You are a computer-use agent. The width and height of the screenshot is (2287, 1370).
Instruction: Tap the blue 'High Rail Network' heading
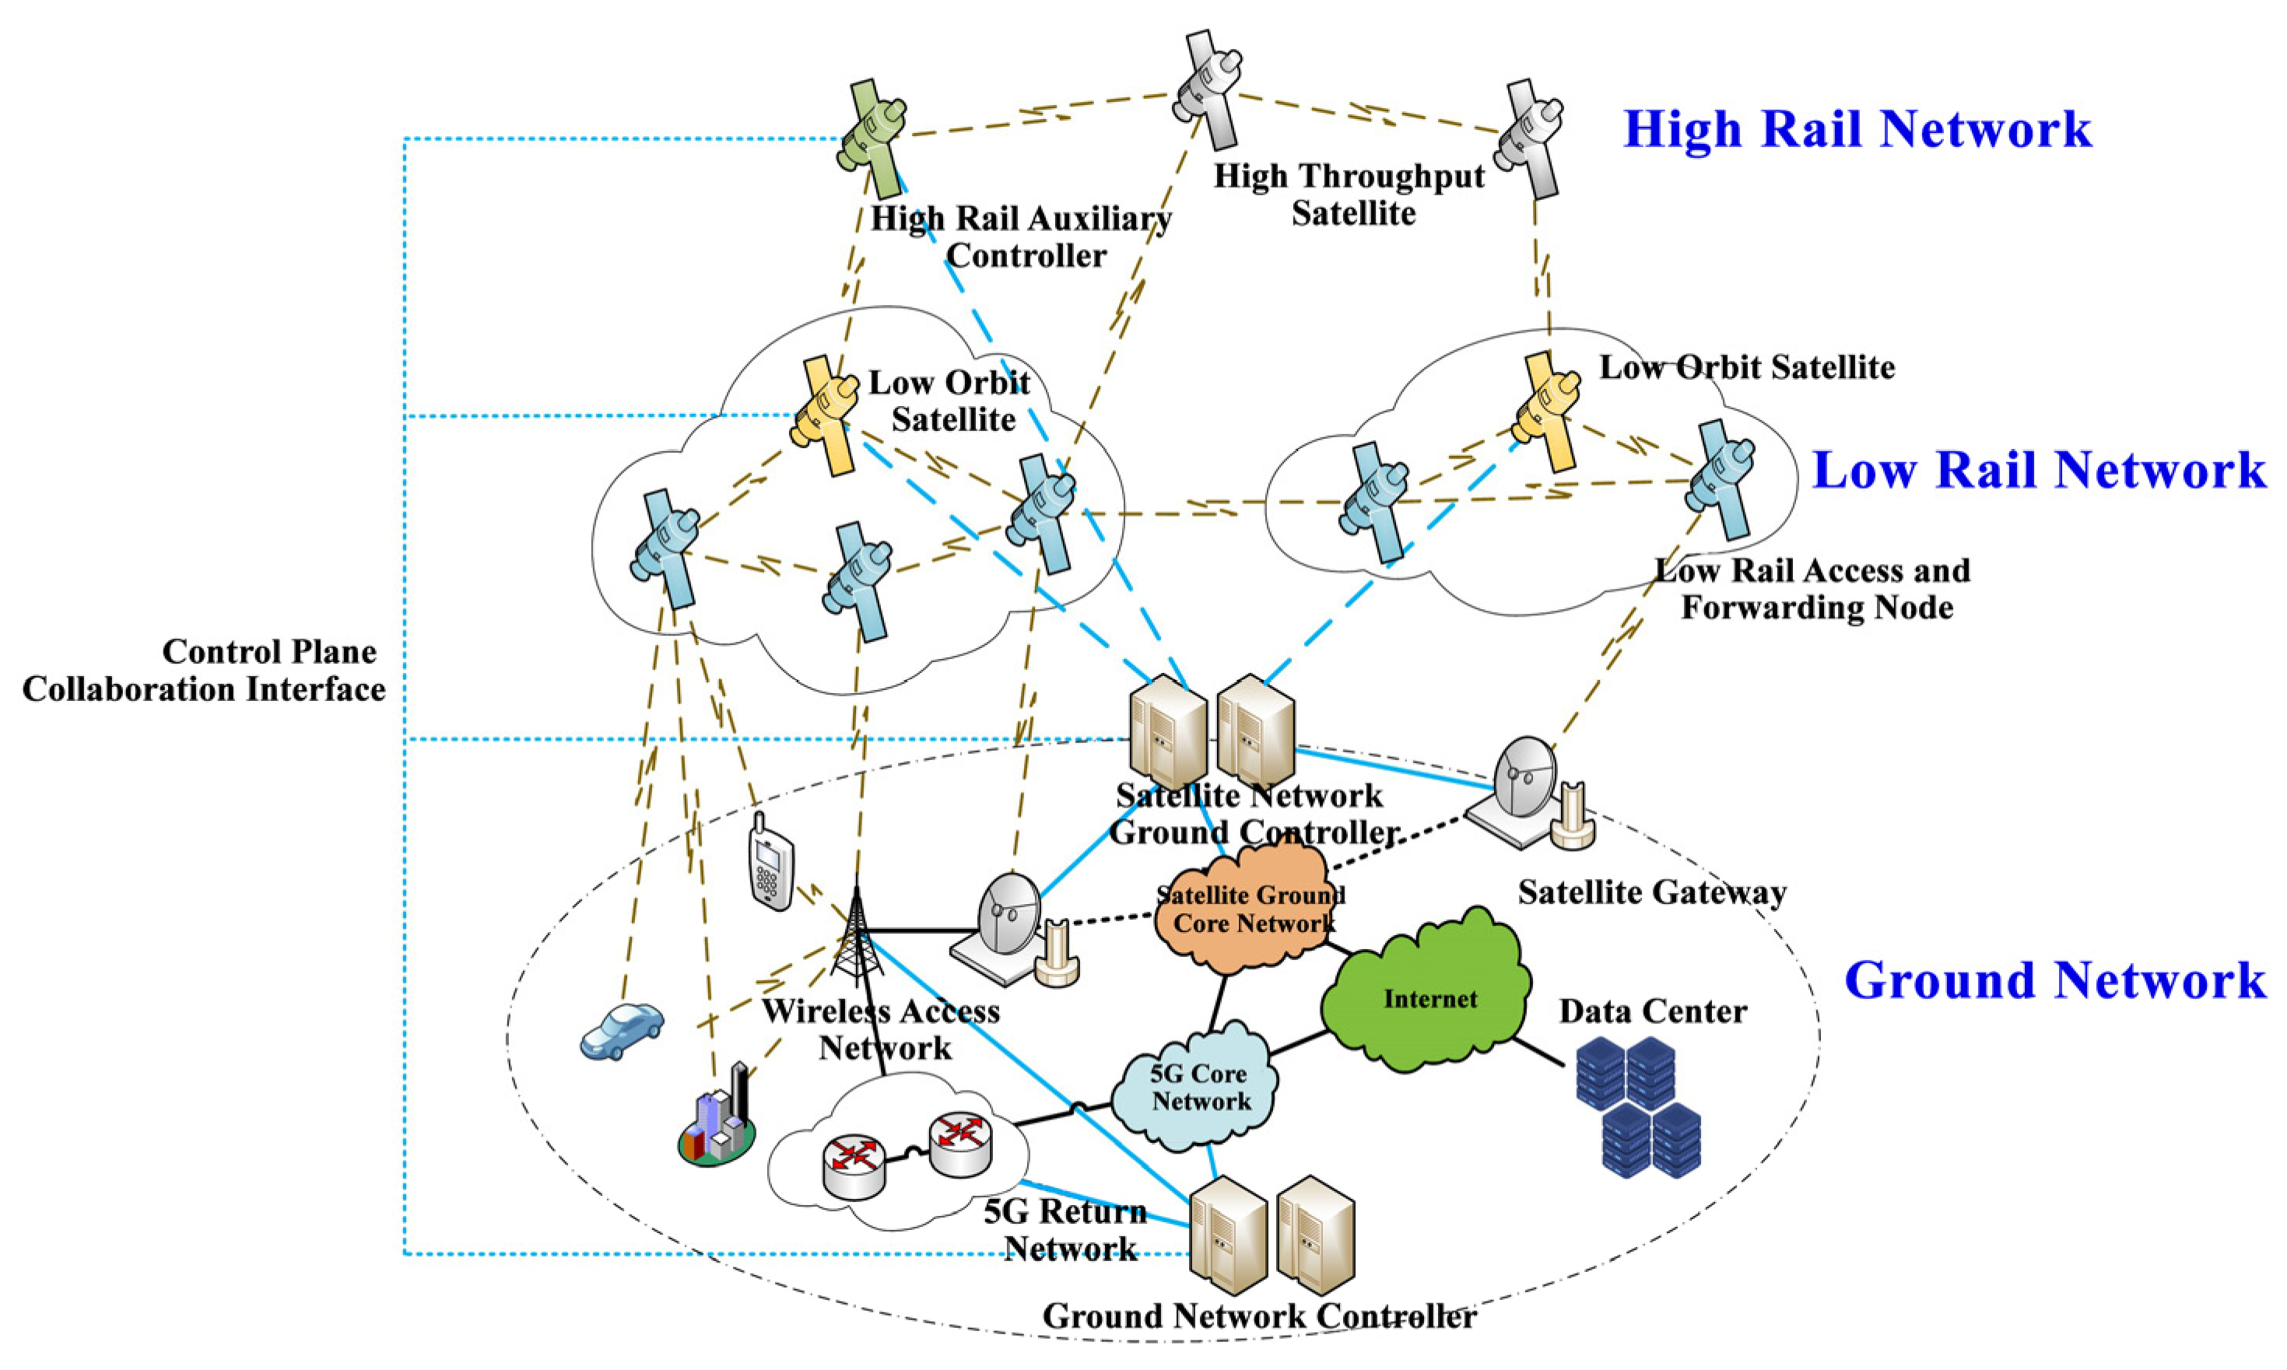(1857, 128)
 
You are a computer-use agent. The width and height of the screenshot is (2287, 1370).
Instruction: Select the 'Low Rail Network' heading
(2039, 470)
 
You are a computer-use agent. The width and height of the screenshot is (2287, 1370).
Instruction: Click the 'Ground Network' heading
(2054, 980)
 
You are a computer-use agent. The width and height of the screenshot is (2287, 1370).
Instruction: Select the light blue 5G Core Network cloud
(1197, 1088)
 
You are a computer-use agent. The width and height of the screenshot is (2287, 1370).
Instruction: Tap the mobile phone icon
(771, 860)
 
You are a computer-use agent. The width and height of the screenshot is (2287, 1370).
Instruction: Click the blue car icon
(623, 1030)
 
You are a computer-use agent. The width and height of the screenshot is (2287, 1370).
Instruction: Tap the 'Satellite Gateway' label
(1650, 892)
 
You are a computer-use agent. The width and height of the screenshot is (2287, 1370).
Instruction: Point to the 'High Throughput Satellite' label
(1350, 194)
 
